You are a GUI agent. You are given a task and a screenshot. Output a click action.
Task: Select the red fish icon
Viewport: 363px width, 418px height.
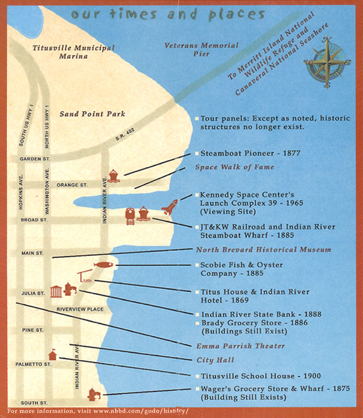[x=103, y=265]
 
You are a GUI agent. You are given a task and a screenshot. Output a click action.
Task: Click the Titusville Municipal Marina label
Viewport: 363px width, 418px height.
[x=74, y=52]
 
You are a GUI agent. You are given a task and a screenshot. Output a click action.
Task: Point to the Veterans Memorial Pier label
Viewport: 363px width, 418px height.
[x=202, y=50]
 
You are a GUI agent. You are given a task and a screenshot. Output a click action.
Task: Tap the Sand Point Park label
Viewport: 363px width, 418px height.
[x=92, y=114]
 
